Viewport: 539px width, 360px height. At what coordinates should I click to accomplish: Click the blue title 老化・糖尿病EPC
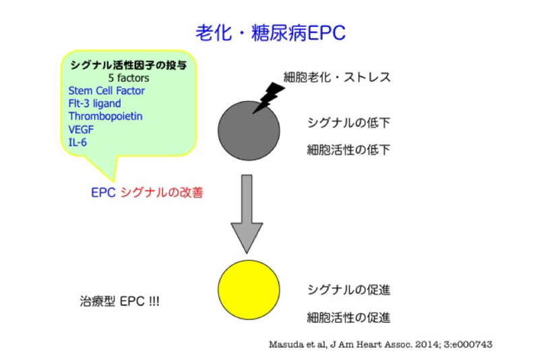tap(271, 33)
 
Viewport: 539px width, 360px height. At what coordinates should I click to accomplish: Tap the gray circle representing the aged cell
tap(249, 131)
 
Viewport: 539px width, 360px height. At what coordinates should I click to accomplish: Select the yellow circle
tap(249, 290)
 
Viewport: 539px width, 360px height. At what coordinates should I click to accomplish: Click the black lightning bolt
tap(268, 98)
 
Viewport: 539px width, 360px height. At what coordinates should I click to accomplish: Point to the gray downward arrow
tap(247, 214)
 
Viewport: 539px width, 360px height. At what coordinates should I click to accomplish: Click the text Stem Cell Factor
tap(106, 91)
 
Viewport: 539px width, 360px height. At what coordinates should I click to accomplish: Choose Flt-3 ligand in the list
tap(94, 104)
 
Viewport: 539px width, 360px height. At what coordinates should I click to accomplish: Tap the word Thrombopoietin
tap(105, 116)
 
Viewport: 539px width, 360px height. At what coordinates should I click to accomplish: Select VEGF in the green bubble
tap(81, 129)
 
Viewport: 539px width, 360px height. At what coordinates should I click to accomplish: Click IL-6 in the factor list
tap(77, 142)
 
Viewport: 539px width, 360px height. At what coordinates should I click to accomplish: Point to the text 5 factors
tap(129, 78)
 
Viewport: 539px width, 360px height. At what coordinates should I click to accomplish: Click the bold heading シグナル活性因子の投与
tap(129, 65)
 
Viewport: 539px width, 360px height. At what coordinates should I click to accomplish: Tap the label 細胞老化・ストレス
tap(338, 77)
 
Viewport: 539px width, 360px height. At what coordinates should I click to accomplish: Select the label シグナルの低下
tap(348, 123)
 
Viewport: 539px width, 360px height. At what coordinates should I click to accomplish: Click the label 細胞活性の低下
tap(348, 150)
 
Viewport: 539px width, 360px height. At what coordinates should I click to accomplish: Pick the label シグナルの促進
tap(348, 290)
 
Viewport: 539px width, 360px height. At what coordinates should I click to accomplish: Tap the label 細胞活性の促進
tap(348, 318)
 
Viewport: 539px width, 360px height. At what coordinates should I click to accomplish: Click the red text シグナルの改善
tap(162, 193)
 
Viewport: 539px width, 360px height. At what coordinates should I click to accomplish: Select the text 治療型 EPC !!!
tap(120, 301)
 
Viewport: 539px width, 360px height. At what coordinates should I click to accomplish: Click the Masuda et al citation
tap(381, 344)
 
